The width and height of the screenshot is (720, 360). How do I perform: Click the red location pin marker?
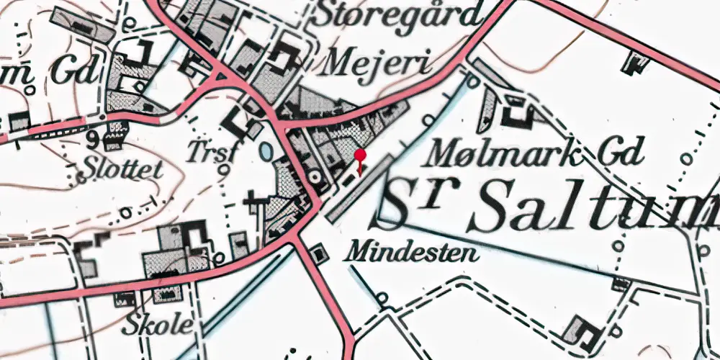coord(360,156)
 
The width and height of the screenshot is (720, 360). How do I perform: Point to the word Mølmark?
coord(496,152)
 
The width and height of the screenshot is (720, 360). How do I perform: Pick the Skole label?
coord(158,325)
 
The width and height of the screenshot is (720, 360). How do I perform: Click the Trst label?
coord(210,150)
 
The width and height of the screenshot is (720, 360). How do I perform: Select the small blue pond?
coord(266,152)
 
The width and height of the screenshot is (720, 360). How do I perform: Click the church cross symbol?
coord(253,200)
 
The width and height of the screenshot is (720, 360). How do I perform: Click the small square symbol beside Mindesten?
coord(318,253)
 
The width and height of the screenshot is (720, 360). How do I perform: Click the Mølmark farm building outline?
coord(517,112)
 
